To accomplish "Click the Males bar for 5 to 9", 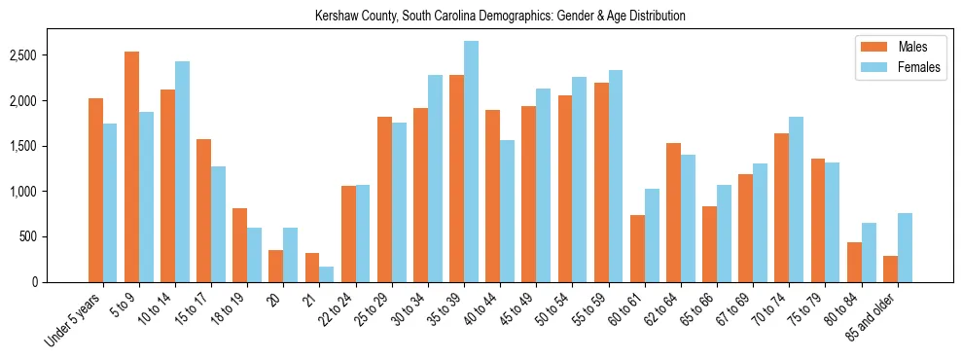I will pos(131,166).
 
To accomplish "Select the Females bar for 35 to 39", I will pos(471,162).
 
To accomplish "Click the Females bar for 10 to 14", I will pos(182,171).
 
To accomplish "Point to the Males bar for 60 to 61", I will pos(637,248).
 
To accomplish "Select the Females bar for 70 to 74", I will pos(796,199).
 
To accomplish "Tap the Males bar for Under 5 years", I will pos(95,190).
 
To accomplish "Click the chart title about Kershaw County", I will pos(501,16).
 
